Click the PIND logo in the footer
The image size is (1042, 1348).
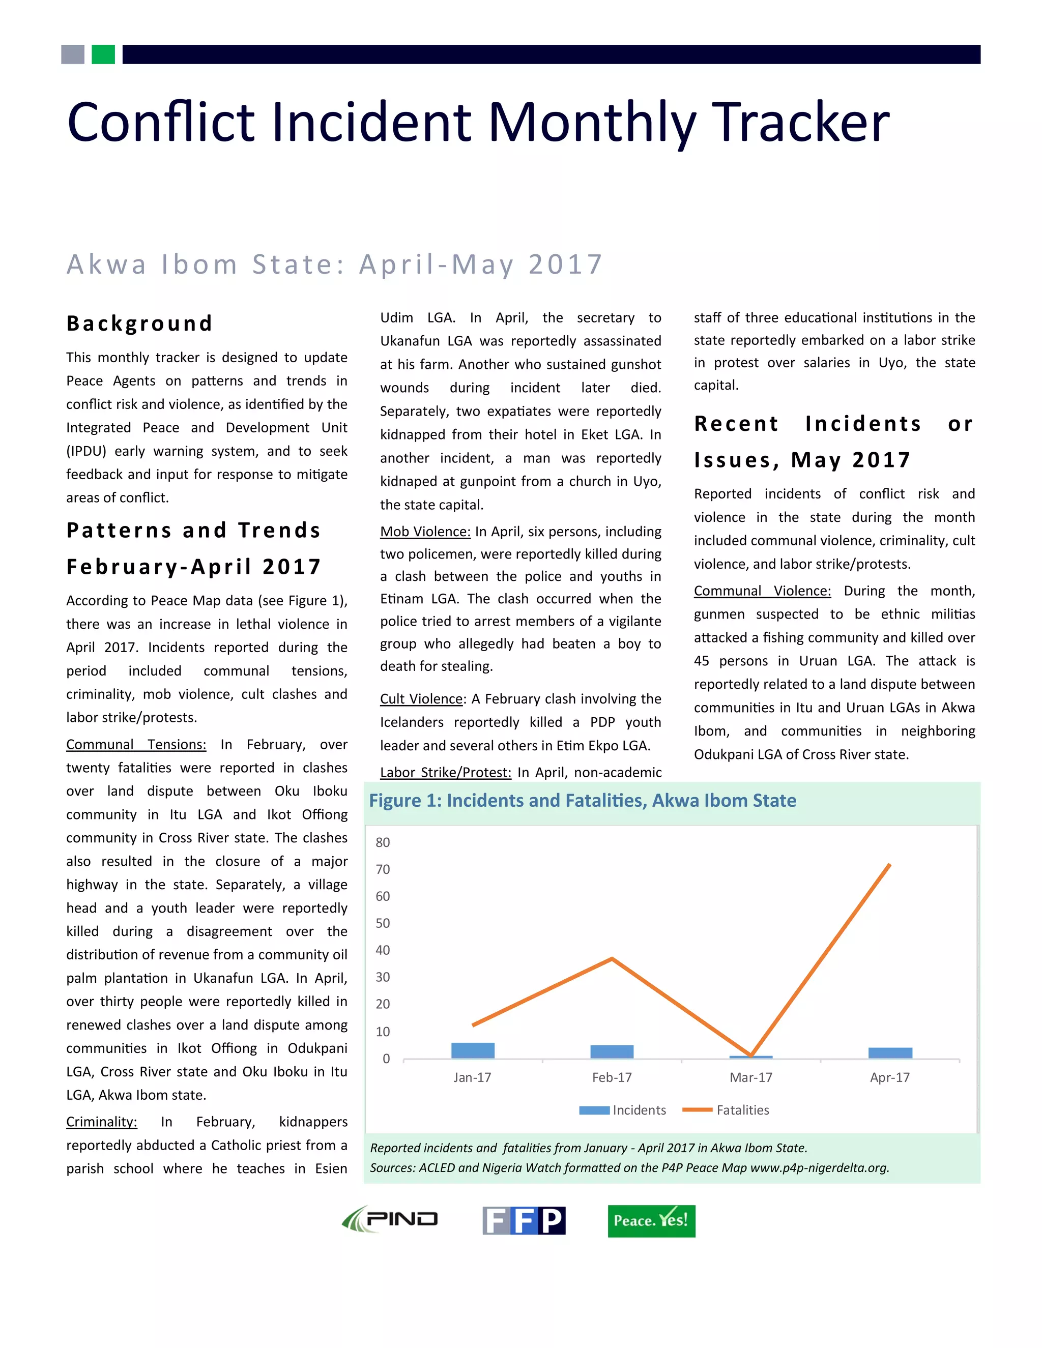point(390,1220)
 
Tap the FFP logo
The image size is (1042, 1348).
point(524,1220)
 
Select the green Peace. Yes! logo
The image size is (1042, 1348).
point(651,1221)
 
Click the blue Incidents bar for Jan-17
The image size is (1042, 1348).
point(473,1050)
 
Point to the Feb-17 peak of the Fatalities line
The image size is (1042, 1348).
point(612,958)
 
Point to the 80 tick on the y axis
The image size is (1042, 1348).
point(383,842)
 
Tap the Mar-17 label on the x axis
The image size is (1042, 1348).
point(750,1077)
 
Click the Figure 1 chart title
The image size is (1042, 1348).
point(582,801)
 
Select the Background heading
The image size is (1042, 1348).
point(139,323)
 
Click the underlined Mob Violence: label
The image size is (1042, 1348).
point(425,532)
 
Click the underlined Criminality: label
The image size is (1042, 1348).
point(102,1122)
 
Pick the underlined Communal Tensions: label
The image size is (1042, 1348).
point(136,744)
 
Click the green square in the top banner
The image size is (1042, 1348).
point(103,54)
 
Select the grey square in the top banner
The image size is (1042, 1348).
point(73,54)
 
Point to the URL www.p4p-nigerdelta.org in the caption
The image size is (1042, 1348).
point(819,1168)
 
